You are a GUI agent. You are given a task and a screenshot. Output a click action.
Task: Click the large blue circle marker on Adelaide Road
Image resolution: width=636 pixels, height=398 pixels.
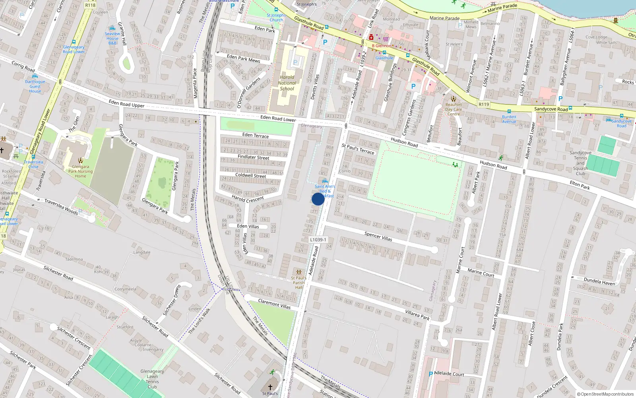318,199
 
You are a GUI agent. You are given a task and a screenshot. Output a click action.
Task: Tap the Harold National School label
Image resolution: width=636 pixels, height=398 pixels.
287,83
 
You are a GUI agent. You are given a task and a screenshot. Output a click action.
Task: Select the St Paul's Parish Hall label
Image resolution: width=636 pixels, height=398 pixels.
299,283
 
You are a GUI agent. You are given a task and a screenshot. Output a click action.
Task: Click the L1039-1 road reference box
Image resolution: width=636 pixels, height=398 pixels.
318,240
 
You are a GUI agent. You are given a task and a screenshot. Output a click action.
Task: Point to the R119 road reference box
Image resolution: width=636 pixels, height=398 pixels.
484,104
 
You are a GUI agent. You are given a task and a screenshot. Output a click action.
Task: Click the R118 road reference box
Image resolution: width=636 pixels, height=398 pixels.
90,5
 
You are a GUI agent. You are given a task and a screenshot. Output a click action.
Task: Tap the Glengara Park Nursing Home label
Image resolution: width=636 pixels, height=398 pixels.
80,172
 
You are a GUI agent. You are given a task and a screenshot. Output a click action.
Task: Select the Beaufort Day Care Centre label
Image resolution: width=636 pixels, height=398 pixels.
454,109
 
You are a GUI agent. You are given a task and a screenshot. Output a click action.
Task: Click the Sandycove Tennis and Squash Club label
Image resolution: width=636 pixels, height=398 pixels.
580,163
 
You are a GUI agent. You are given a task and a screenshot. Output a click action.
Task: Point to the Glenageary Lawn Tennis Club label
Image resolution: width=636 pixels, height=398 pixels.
152,379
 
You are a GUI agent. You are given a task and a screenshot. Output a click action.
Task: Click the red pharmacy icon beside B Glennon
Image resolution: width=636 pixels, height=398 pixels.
371,37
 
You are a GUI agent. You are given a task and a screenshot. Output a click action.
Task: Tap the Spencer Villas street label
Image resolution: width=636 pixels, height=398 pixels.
378,236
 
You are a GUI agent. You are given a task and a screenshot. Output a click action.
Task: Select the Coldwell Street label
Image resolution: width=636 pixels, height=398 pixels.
250,176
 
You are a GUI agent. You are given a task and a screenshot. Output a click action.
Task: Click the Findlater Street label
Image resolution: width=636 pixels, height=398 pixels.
253,157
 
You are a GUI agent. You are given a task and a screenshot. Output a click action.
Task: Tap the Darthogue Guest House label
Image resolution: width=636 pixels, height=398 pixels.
35,86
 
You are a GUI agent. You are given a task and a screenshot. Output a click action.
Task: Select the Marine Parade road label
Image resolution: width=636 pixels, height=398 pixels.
444,18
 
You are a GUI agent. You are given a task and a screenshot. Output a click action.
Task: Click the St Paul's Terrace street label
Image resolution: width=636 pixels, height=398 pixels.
358,149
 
